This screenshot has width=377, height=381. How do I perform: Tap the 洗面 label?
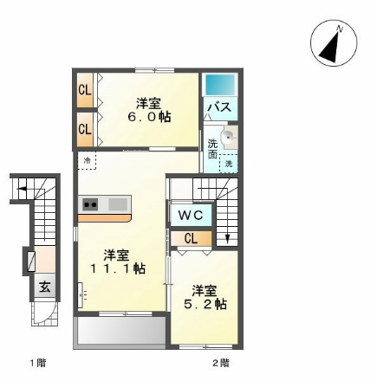tap(212, 148)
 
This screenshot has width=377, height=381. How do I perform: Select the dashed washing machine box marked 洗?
tap(229, 163)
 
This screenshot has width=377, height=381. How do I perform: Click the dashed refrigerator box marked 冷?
tap(87, 160)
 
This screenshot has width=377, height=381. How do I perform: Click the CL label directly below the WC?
tap(190, 238)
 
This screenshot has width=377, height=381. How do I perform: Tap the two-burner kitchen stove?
tap(90, 204)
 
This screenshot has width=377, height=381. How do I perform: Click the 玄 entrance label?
tap(42, 286)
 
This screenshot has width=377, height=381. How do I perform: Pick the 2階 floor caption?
tap(221, 361)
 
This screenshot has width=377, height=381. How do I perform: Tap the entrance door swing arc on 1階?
tap(42, 316)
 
